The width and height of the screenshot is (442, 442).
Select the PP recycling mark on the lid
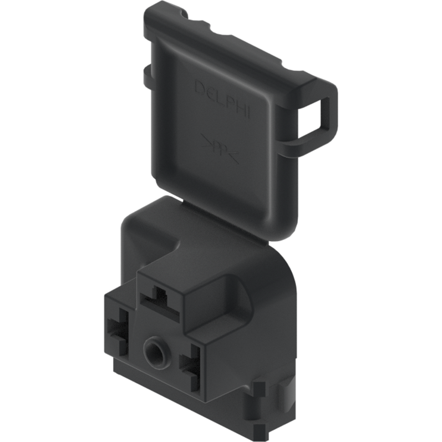coord(219,149)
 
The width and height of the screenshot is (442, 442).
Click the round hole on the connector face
coord(153,350)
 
